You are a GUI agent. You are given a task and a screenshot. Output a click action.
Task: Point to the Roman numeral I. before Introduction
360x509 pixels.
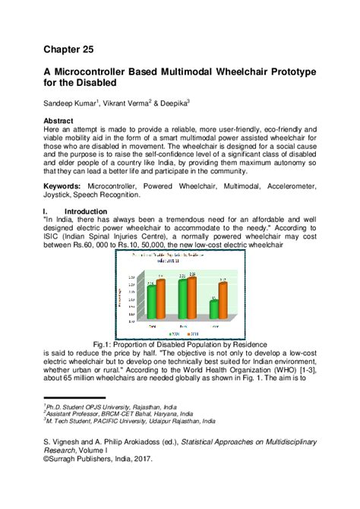point(47,210)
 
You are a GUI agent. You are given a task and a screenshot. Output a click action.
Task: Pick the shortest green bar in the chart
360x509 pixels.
point(214,308)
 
